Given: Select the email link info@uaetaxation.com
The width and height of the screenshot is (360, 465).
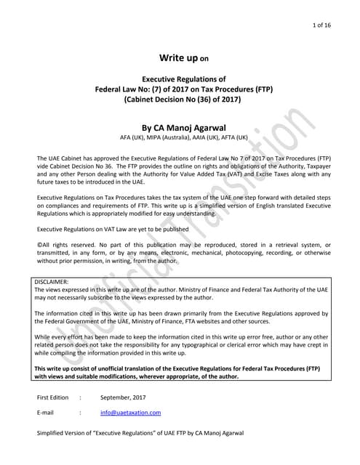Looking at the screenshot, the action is coord(131,412).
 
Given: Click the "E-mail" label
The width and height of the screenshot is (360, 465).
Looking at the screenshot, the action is coord(45,412).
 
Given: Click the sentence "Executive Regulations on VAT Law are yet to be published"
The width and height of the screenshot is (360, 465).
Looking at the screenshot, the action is coord(113,229).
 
